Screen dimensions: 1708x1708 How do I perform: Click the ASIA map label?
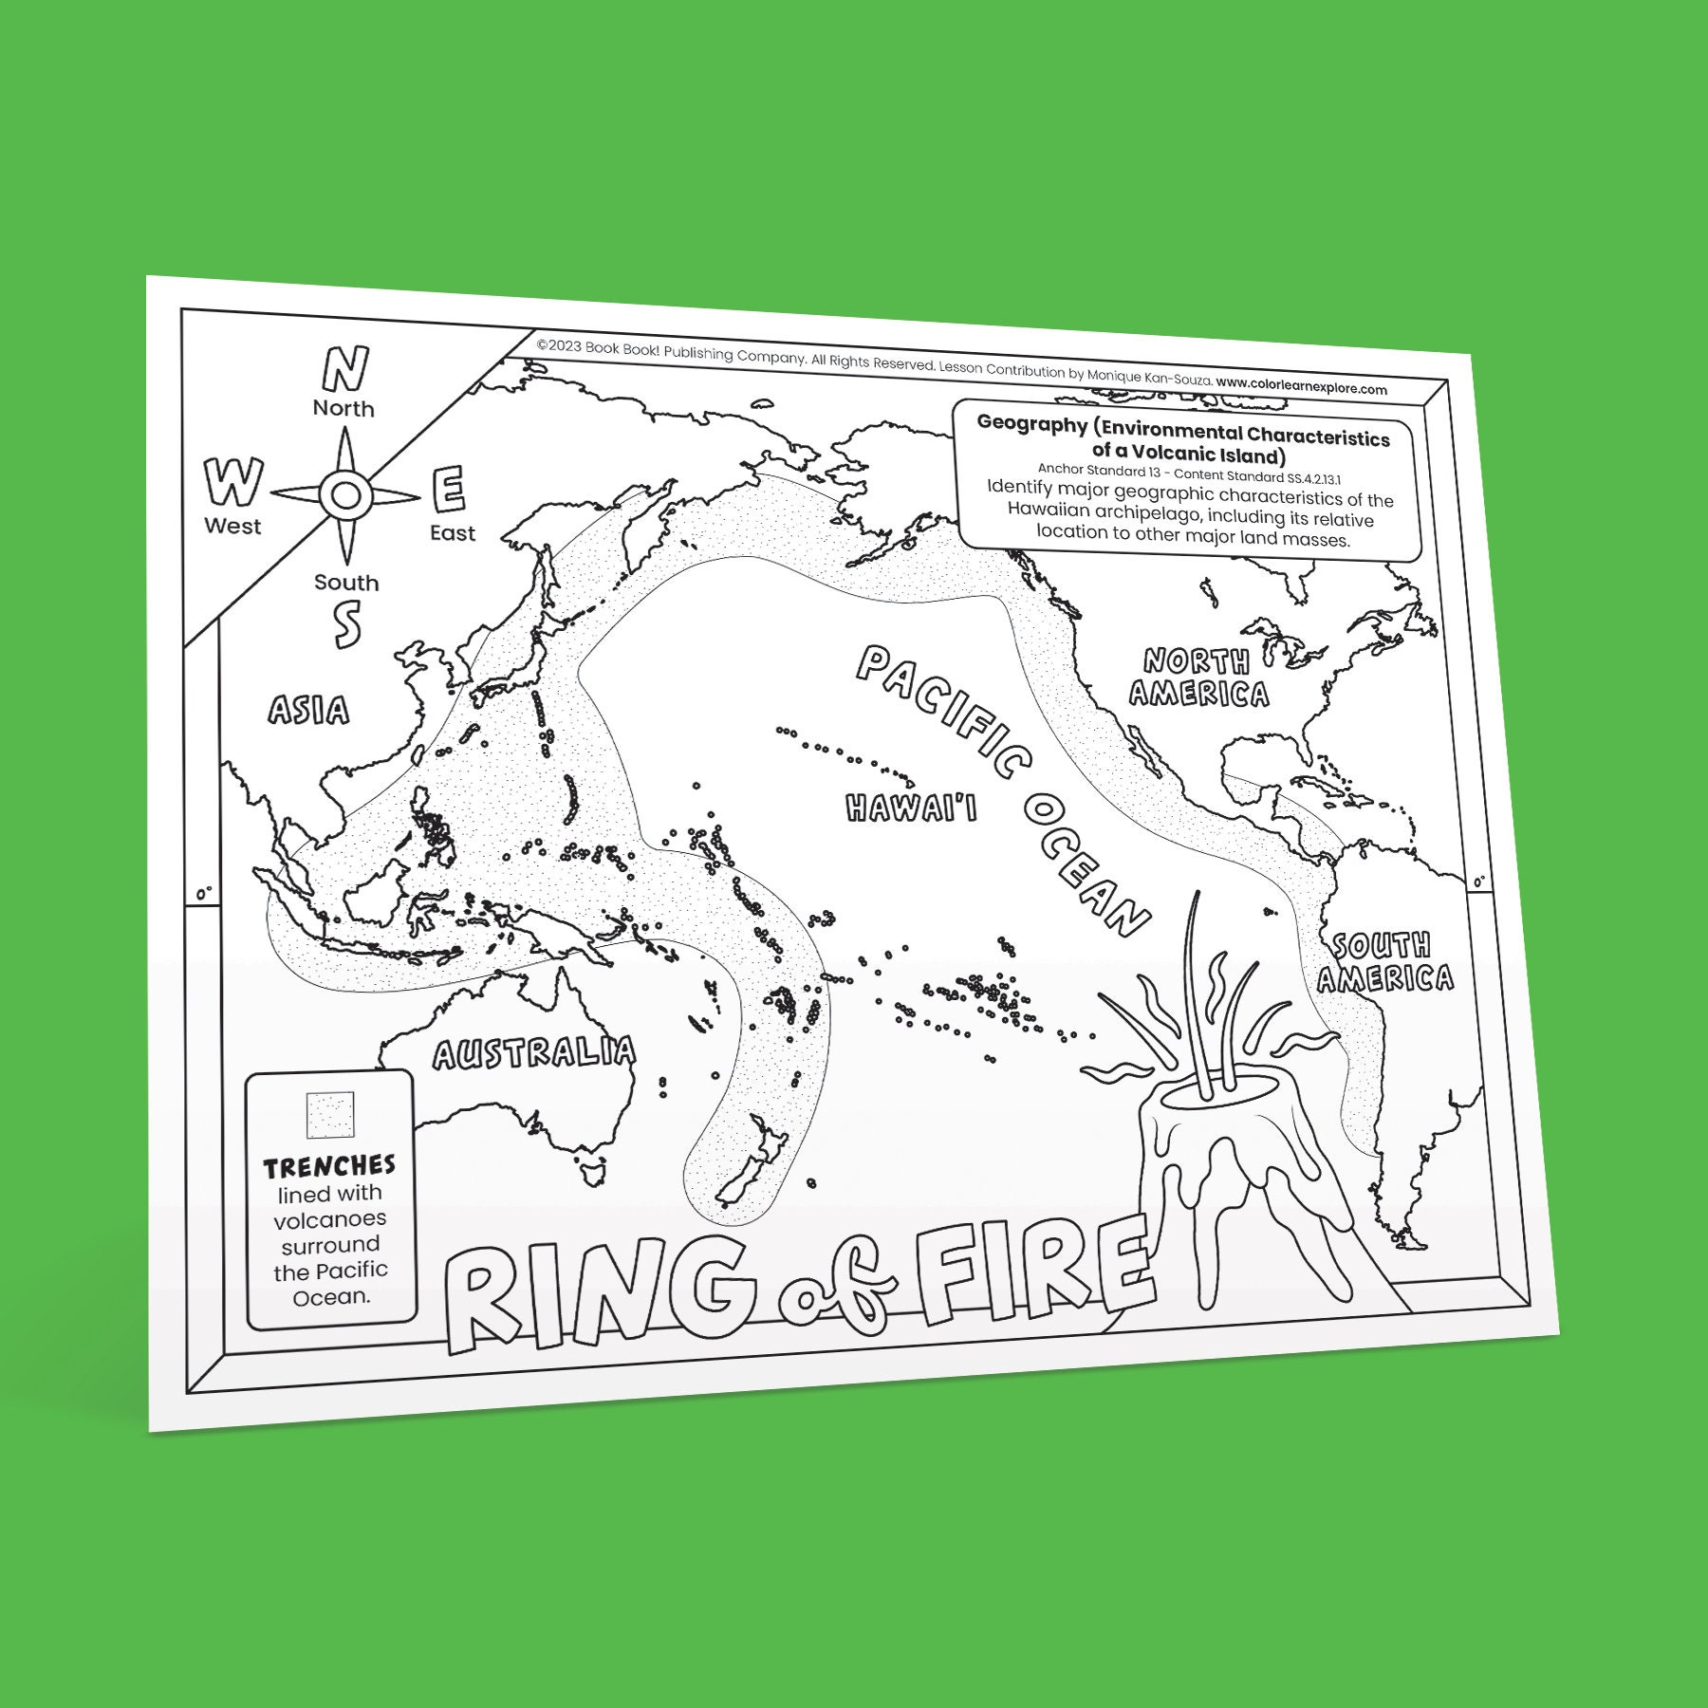coord(308,710)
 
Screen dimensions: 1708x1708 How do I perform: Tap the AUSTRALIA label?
coord(534,1052)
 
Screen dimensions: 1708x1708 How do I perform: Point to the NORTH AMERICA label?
coord(1198,678)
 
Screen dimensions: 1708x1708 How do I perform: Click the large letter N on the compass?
coord(345,369)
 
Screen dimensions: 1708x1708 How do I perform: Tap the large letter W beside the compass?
coord(231,482)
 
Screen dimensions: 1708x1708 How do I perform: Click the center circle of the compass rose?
coord(345,494)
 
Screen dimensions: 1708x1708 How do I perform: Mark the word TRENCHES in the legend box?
coord(329,1165)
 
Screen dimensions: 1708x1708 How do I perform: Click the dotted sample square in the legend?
coord(329,1114)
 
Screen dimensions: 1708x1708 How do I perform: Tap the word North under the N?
coord(343,409)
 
